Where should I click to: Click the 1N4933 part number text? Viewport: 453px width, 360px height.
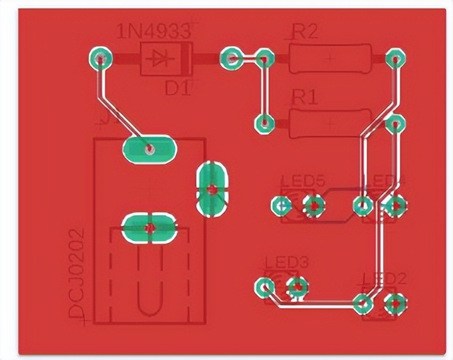tap(153, 31)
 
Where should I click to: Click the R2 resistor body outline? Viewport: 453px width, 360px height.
tap(329, 58)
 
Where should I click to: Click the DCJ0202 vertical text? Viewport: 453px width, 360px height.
tap(78, 273)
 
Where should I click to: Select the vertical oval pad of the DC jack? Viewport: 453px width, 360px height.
tap(213, 189)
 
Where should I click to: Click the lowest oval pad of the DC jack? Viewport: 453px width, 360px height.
tap(149, 228)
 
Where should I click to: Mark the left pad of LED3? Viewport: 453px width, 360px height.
tap(264, 288)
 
